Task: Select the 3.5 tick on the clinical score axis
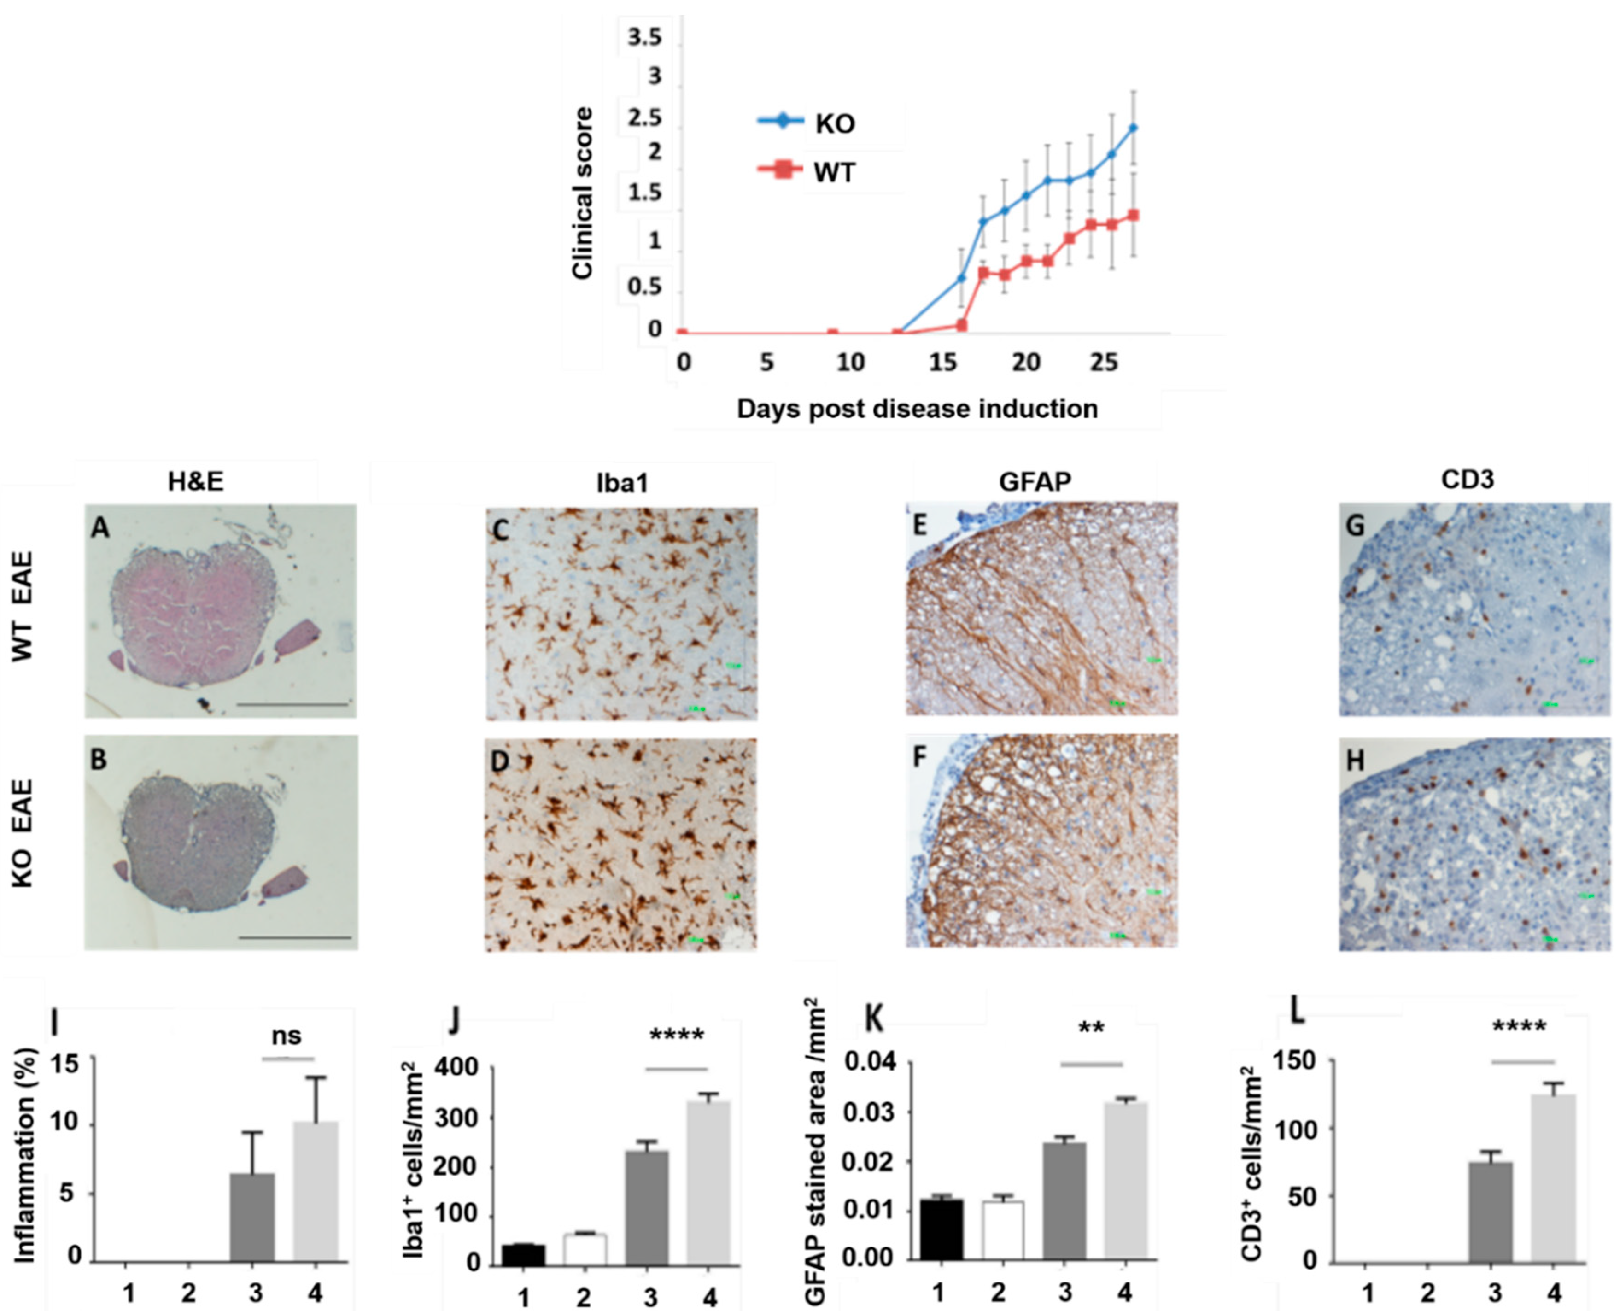644,37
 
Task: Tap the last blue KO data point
1133,128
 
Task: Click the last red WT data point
1133,215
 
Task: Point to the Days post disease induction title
917,409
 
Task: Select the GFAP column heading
1035,481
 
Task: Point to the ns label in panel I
286,1036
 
